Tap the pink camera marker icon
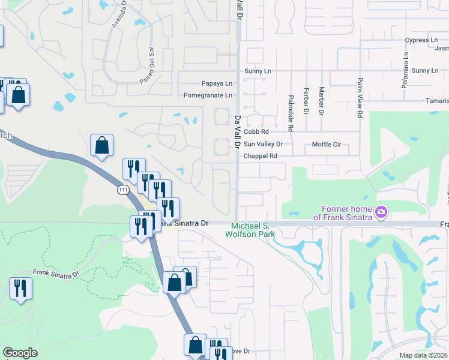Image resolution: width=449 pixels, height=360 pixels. (x=381, y=212)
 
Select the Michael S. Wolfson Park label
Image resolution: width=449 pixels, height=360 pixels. (x=250, y=229)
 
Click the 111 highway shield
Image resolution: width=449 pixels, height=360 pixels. (x=122, y=189)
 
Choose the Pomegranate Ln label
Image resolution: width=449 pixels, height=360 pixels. (x=208, y=95)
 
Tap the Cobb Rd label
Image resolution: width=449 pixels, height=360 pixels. (x=256, y=131)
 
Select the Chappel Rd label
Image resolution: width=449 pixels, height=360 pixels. (x=260, y=156)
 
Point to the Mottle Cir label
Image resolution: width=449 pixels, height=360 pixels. (x=327, y=145)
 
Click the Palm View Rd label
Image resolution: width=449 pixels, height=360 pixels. (x=360, y=97)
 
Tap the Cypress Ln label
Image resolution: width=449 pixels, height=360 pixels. (x=421, y=40)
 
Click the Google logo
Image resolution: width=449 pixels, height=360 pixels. (x=20, y=353)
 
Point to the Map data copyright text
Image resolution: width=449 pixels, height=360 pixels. (x=423, y=355)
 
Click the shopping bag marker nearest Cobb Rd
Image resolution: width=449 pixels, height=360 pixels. (x=101, y=146)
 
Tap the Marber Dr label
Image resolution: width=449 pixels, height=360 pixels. (x=321, y=100)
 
